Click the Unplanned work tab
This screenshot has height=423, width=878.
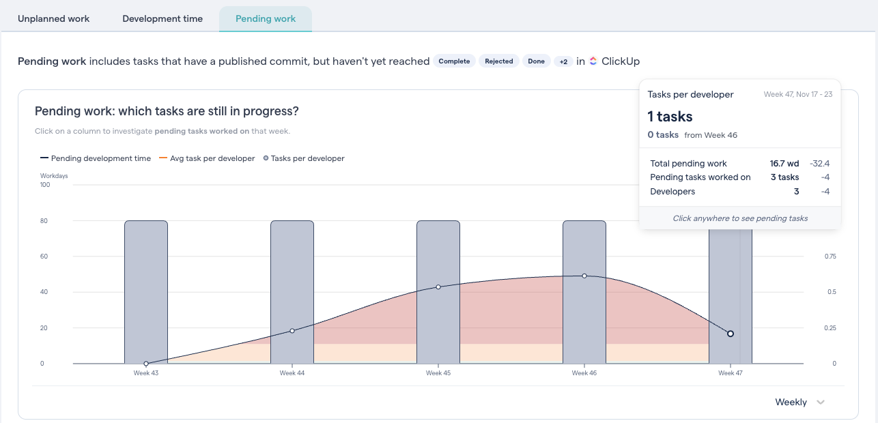coord(53,18)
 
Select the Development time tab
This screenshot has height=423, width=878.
coord(162,18)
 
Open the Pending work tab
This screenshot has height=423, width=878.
coord(266,18)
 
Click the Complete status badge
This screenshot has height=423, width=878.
coord(454,61)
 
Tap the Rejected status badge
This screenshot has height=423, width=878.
coord(499,61)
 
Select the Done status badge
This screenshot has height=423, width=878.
coord(537,61)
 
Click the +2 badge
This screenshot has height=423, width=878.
coord(563,61)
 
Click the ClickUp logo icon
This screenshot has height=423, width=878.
coord(593,61)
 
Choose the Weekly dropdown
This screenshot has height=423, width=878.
coord(799,402)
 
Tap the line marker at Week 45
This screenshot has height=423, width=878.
coord(438,287)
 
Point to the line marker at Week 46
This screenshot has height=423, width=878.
coord(584,276)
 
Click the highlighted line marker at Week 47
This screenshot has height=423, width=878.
coord(731,334)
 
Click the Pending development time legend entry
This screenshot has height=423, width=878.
coord(96,158)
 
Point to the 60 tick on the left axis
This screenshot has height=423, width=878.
coord(44,257)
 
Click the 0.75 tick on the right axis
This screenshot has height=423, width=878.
coord(830,257)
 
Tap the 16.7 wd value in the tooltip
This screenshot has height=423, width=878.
coord(784,164)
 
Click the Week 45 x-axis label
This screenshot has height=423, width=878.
coord(438,373)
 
